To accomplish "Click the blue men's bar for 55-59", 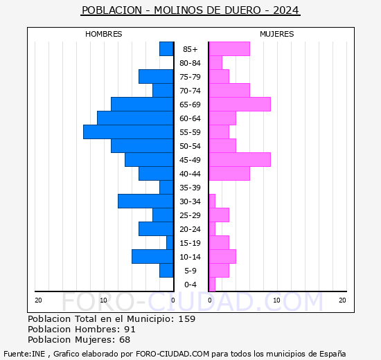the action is pos(128,132).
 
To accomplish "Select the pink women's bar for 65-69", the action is pos(240,105).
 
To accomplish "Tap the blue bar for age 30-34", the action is pos(145,201).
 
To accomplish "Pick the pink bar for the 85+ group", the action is pos(229,49).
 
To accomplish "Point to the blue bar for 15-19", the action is pos(170,243).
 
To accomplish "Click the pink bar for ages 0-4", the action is pos(212,285).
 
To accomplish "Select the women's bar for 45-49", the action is pos(240,160).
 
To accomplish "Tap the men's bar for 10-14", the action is pos(152,257).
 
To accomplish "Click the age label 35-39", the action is pos(190,188).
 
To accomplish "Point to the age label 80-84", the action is pos(190,63).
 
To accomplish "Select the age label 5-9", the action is pos(190,271).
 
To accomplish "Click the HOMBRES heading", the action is pos(103,34).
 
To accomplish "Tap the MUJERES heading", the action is pos(277,34).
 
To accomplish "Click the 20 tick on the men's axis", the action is pos(38,300).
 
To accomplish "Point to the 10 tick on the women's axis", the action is pos(276,300).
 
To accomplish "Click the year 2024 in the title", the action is pos(285,10).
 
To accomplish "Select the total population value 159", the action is pos(187,318).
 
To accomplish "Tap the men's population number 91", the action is pos(130,329).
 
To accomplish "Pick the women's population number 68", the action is pos(125,340).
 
